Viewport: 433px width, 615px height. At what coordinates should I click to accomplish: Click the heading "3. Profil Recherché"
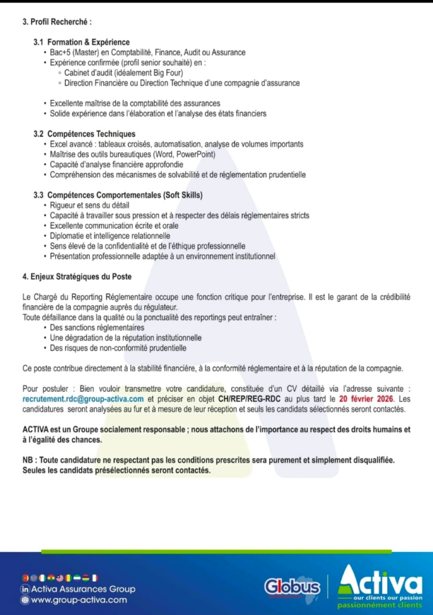pyautogui.click(x=57, y=22)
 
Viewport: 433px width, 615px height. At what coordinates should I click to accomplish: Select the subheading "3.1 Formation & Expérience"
pyautogui.click(x=82, y=42)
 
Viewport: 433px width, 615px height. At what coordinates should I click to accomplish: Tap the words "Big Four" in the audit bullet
pyautogui.click(x=169, y=73)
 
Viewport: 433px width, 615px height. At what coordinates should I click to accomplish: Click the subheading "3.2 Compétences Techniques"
pyautogui.click(x=84, y=134)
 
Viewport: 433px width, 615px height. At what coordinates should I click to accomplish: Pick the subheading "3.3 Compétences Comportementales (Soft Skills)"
pyautogui.click(x=118, y=195)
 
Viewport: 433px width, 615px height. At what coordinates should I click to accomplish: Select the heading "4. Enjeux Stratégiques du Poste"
pyautogui.click(x=77, y=277)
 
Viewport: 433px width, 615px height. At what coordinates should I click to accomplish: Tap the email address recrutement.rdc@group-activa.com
pyautogui.click(x=83, y=399)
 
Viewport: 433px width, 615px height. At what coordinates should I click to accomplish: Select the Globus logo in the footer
pyautogui.click(x=292, y=586)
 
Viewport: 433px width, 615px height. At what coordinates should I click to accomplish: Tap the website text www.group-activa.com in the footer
pyautogui.click(x=79, y=599)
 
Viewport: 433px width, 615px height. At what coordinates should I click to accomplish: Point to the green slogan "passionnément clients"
pyautogui.click(x=380, y=605)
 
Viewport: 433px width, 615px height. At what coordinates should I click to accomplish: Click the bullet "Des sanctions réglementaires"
pyautogui.click(x=97, y=328)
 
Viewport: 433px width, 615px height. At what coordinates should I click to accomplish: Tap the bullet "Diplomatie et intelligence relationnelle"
pyautogui.click(x=110, y=236)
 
